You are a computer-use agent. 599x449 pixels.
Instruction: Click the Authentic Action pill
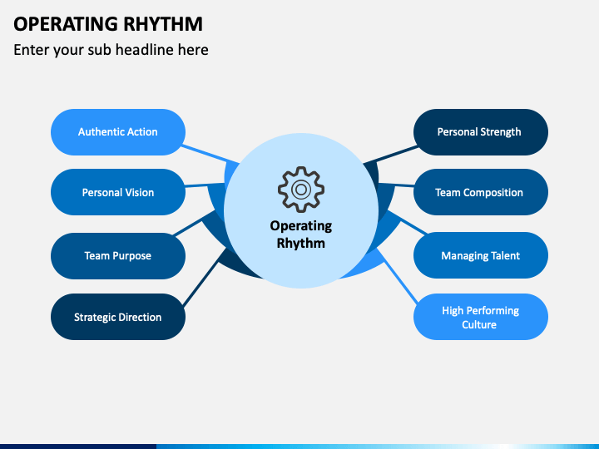click(x=118, y=132)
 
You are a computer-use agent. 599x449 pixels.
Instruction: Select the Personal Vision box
click(x=118, y=192)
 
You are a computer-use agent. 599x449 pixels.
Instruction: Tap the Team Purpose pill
click(x=118, y=256)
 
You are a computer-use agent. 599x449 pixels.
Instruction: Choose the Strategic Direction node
click(x=118, y=317)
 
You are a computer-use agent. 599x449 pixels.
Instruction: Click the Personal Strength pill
click(x=481, y=132)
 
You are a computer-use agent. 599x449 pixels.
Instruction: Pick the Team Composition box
click(x=481, y=192)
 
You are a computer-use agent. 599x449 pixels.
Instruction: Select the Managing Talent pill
click(x=481, y=255)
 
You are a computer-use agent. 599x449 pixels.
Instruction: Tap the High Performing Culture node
click(x=481, y=317)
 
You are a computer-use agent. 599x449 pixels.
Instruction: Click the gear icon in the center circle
click(x=301, y=190)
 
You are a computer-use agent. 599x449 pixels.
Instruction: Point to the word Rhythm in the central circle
click(x=301, y=243)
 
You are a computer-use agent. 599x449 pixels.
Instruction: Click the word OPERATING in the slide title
click(x=66, y=23)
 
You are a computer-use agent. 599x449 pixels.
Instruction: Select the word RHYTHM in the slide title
click(x=163, y=23)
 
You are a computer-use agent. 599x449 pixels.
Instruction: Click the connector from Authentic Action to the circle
click(x=210, y=155)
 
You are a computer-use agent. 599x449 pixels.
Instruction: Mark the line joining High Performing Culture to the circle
click(x=397, y=276)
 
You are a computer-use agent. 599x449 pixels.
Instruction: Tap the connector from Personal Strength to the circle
click(x=391, y=155)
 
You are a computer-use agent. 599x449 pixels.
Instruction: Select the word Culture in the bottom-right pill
click(x=479, y=324)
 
